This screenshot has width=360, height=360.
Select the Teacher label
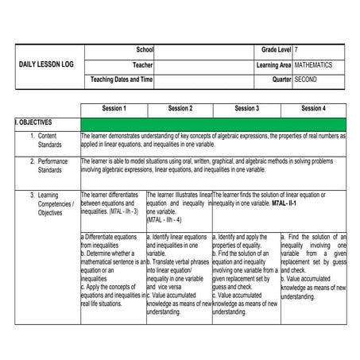[142, 64]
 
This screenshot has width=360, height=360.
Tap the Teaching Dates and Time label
[122, 79]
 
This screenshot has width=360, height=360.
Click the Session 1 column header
[114, 108]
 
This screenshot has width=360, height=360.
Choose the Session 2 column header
[180, 108]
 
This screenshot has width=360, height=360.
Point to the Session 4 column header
[313, 108]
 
